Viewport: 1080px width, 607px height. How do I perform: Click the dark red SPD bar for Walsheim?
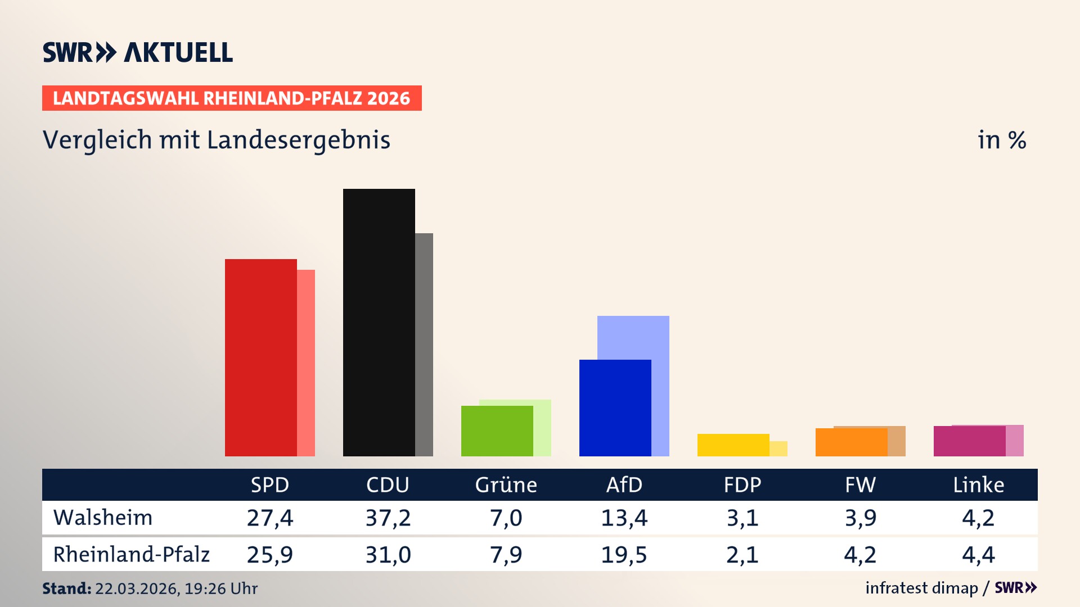260,357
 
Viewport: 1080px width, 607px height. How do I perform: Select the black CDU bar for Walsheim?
379,322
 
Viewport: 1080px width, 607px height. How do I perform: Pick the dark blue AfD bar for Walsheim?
615,408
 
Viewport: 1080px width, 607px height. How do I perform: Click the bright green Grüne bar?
497,431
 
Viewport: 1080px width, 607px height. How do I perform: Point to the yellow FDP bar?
733,445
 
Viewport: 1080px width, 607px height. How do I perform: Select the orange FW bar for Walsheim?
851,442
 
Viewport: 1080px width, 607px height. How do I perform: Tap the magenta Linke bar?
969,441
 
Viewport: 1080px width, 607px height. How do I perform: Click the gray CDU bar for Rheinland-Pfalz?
424,344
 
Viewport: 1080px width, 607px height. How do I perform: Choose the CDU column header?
388,485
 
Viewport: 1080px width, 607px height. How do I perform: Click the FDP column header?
742,485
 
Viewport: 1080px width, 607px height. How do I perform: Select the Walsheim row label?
103,518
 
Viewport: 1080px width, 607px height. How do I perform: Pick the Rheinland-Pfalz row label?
131,555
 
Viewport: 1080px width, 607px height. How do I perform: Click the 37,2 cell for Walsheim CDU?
388,518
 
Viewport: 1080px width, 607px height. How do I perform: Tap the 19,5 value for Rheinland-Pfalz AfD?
624,555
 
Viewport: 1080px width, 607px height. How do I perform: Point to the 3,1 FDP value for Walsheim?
742,518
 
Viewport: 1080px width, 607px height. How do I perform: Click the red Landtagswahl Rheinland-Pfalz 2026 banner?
232,98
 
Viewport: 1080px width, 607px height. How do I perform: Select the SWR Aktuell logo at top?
138,52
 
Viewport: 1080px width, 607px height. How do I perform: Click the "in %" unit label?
1001,140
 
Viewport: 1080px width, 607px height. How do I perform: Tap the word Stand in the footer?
66,588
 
